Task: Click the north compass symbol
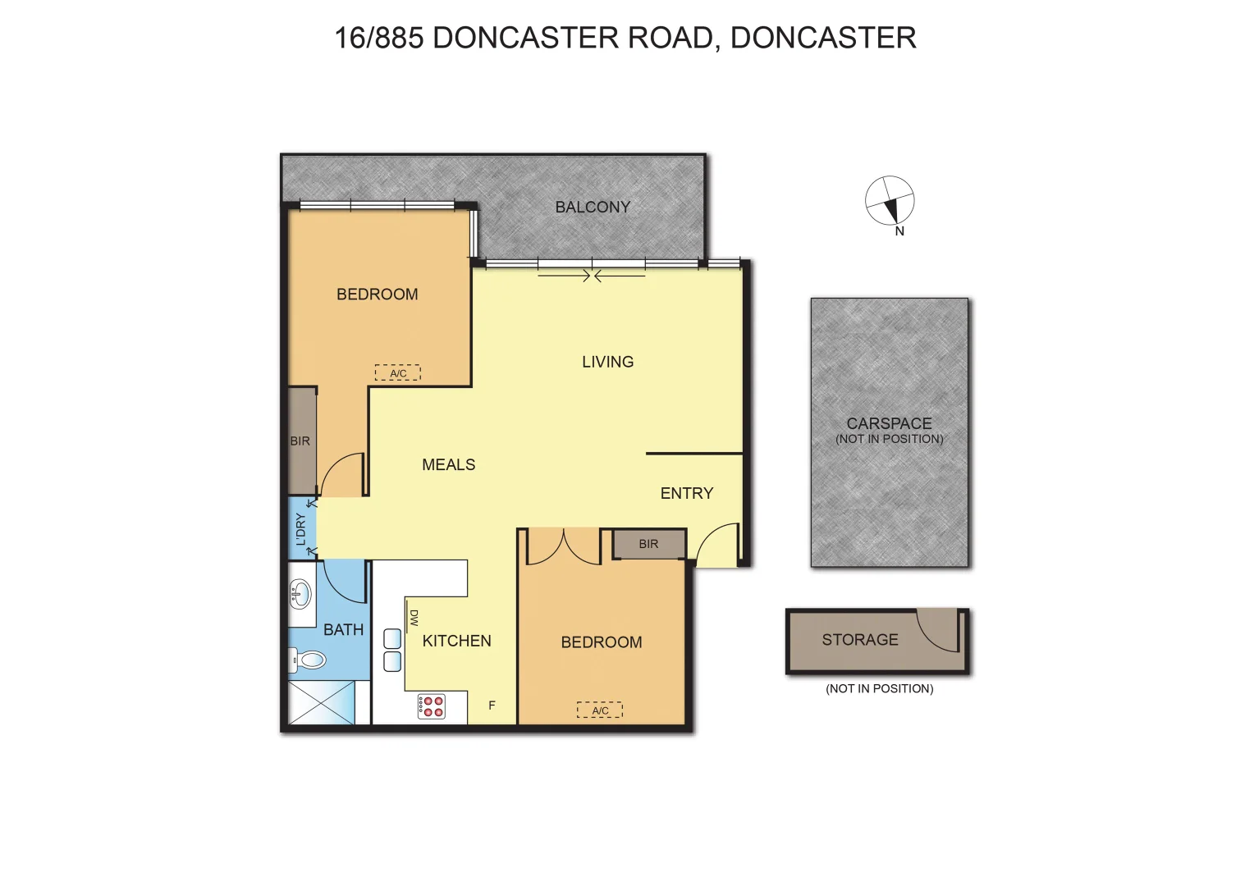(890, 200)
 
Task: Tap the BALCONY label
(593, 208)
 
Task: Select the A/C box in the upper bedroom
(398, 373)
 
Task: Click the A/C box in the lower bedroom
(600, 710)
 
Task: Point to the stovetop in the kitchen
(431, 706)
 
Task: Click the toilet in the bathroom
(309, 659)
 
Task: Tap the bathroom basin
(300, 593)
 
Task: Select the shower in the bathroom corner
(321, 702)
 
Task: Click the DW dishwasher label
(414, 618)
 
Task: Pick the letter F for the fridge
(492, 706)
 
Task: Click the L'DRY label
(300, 529)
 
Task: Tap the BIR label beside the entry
(648, 544)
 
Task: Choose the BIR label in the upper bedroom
(300, 441)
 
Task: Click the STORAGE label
(860, 640)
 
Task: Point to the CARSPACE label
(889, 423)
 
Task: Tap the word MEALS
(449, 465)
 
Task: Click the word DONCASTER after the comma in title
(823, 38)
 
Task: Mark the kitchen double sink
(392, 651)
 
